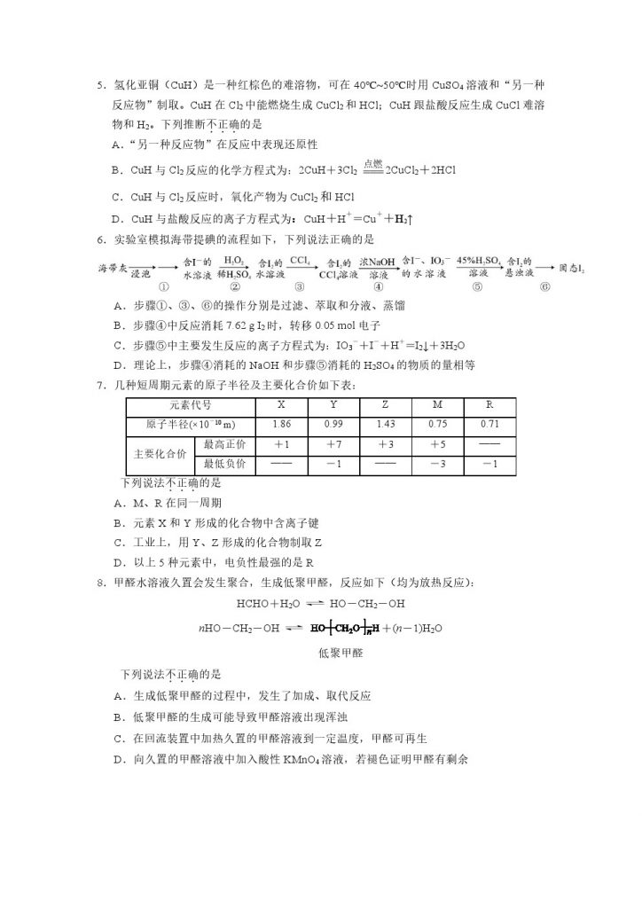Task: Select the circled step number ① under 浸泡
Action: tap(163, 286)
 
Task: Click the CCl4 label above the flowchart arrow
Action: tap(300, 260)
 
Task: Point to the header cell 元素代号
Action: tap(177, 404)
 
